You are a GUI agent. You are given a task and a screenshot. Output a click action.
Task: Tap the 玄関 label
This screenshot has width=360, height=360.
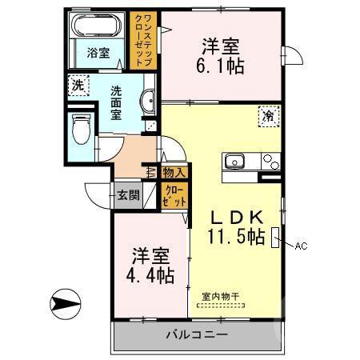click(x=129, y=194)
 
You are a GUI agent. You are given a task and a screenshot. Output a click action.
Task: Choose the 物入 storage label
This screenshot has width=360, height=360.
click(x=174, y=171)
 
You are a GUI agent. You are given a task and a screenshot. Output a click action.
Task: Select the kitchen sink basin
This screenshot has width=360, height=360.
click(x=236, y=159)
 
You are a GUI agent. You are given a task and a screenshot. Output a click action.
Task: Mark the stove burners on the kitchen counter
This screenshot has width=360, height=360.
click(x=270, y=160)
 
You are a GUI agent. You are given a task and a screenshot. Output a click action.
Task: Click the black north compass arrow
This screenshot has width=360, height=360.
click(x=65, y=304)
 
